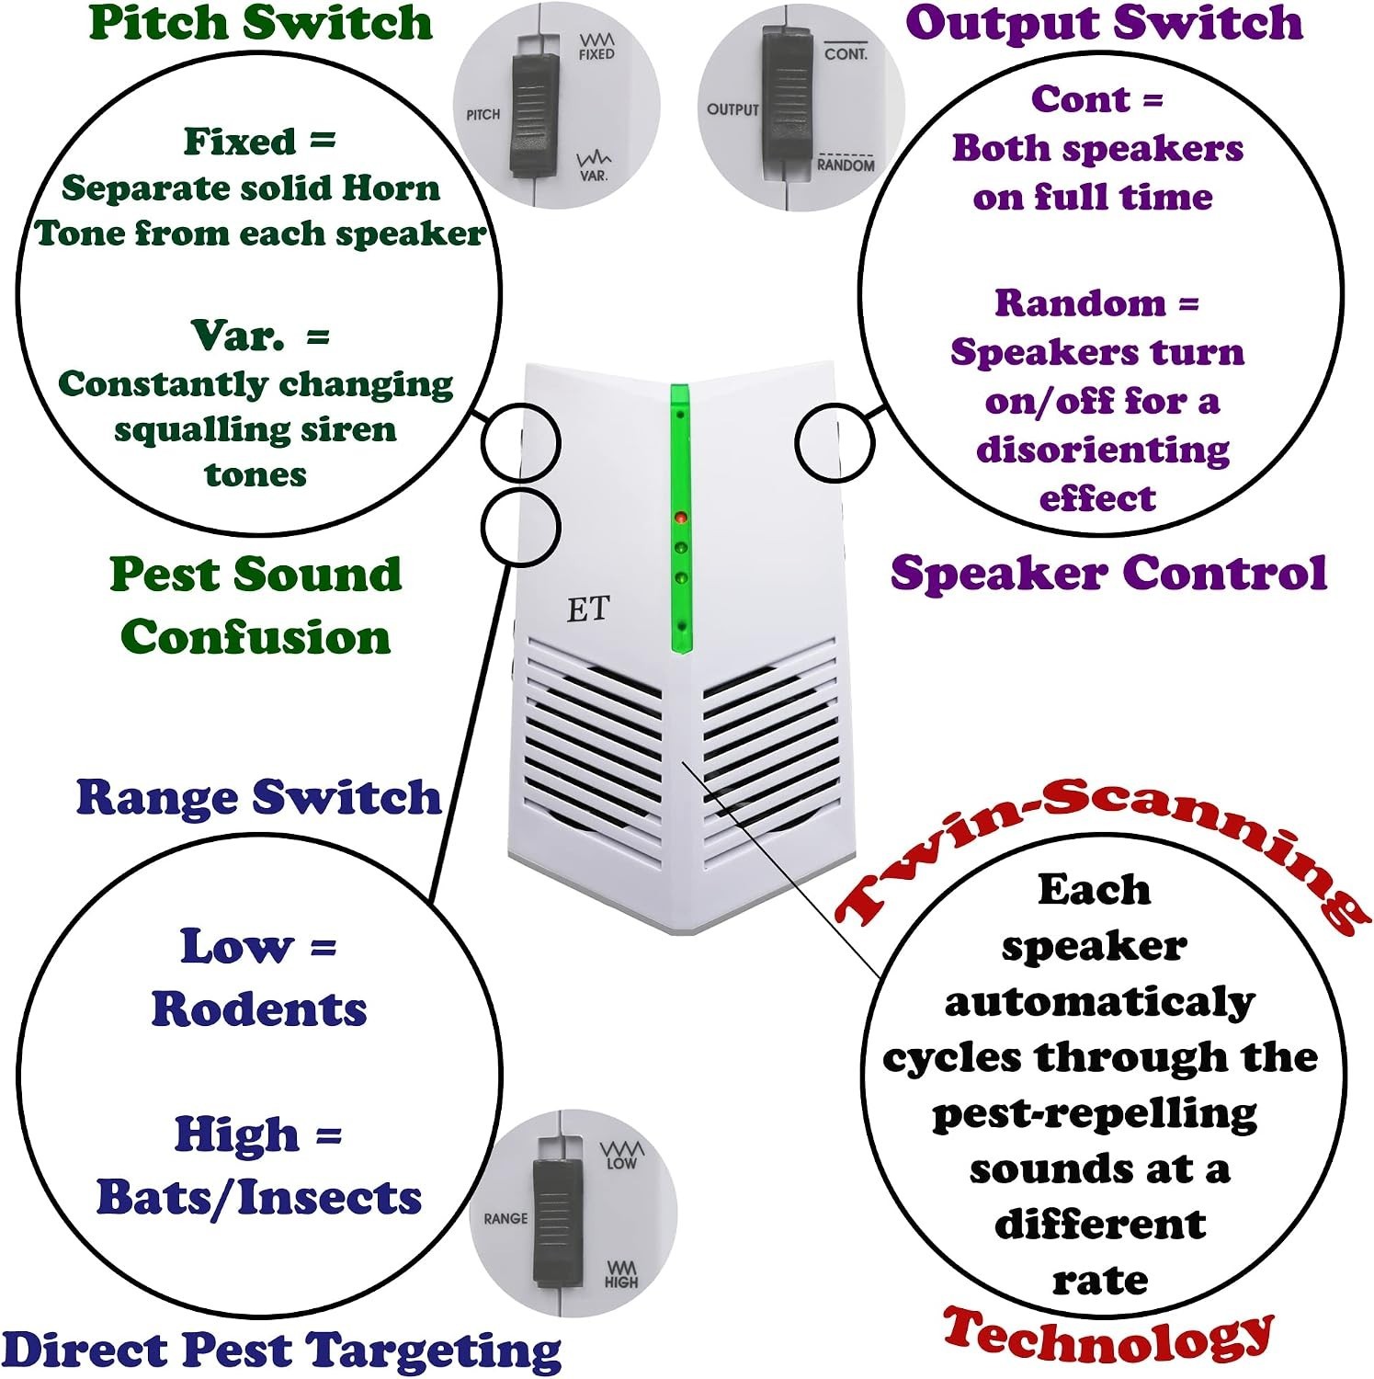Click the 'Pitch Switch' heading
click(x=261, y=22)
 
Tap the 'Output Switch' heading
click(x=1104, y=22)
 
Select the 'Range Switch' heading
click(x=259, y=796)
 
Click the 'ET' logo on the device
click(x=588, y=609)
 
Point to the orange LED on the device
click(x=680, y=519)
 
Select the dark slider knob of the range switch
click(x=555, y=1219)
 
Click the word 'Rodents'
click(x=259, y=1009)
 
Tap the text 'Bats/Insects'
click(x=259, y=1198)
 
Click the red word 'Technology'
click(x=1108, y=1337)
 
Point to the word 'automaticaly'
click(x=1099, y=1002)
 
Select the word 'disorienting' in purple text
click(x=1103, y=450)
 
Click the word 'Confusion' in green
click(x=255, y=637)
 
